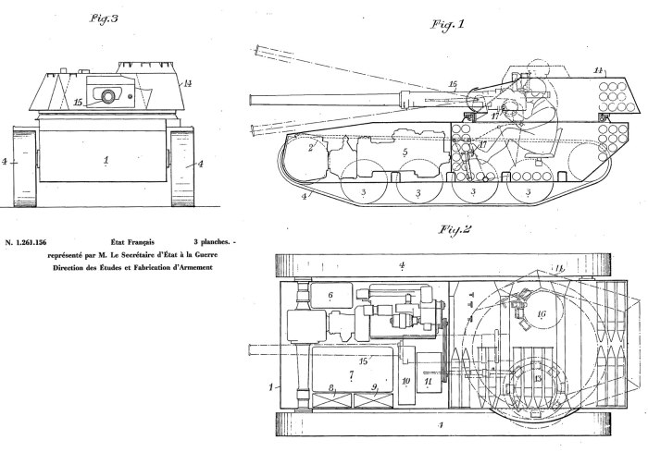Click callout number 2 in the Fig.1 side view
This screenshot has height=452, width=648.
click(x=313, y=145)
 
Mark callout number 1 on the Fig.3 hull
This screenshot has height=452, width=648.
click(x=106, y=159)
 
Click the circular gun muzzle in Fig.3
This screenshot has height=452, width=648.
click(x=109, y=95)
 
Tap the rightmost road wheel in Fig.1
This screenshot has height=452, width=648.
click(x=529, y=191)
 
